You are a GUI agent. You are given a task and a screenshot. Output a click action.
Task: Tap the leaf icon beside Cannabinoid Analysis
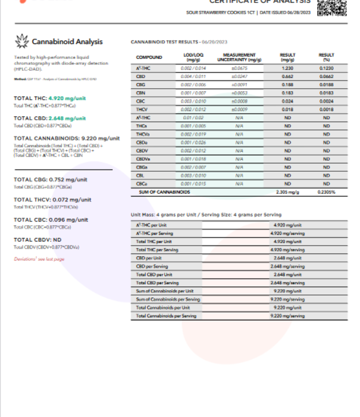21,41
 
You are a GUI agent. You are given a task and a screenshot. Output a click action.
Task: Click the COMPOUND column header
149,57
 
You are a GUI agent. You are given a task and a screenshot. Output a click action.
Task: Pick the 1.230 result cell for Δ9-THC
287,70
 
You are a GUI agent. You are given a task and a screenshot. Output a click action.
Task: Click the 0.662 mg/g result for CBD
287,77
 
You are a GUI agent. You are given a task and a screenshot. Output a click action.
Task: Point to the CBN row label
141,94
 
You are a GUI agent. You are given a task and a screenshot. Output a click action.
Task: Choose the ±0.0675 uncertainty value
239,70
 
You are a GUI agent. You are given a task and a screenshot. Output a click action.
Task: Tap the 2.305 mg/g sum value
287,192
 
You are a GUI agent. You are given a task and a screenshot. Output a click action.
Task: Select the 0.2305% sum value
326,192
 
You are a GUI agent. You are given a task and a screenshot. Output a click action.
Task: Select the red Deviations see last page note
39,259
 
